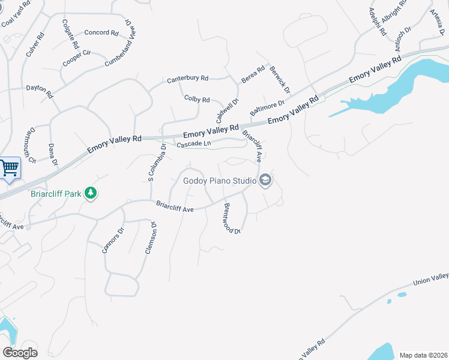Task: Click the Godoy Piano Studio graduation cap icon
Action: tap(265, 181)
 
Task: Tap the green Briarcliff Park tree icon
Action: tap(90, 193)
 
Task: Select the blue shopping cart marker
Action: tap(10, 168)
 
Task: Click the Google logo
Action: tap(20, 353)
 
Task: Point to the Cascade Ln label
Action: tap(194, 144)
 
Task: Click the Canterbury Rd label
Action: tap(187, 79)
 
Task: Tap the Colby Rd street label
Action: tap(197, 99)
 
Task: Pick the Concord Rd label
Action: tap(101, 32)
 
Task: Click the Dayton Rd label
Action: tap(40, 91)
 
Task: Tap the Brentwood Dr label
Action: tap(232, 218)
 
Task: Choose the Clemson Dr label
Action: tap(151, 238)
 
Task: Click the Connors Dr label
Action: tap(113, 240)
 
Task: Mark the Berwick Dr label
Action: tap(280, 79)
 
